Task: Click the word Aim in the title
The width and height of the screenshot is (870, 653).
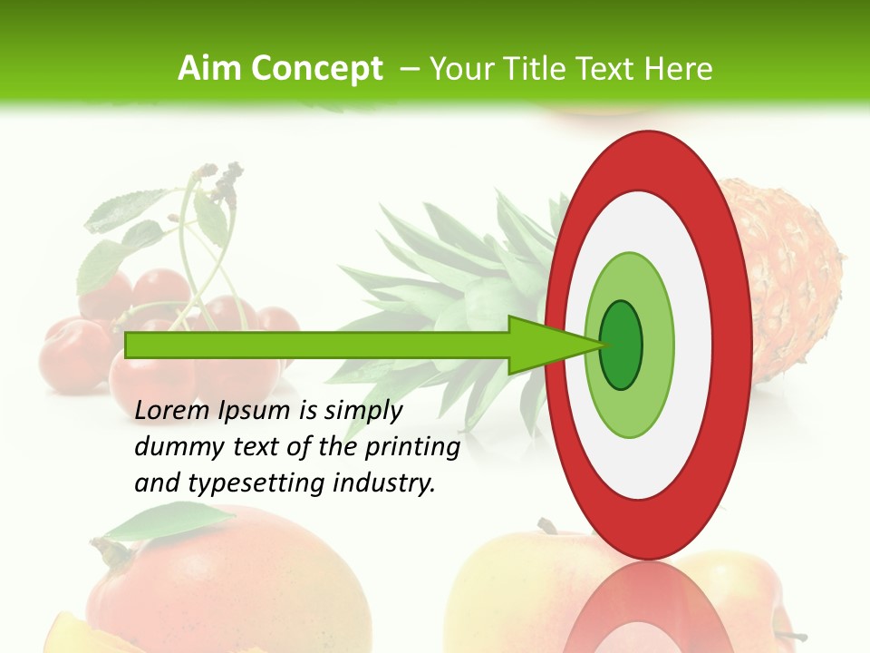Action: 210,69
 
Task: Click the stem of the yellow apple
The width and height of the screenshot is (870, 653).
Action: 547,527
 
